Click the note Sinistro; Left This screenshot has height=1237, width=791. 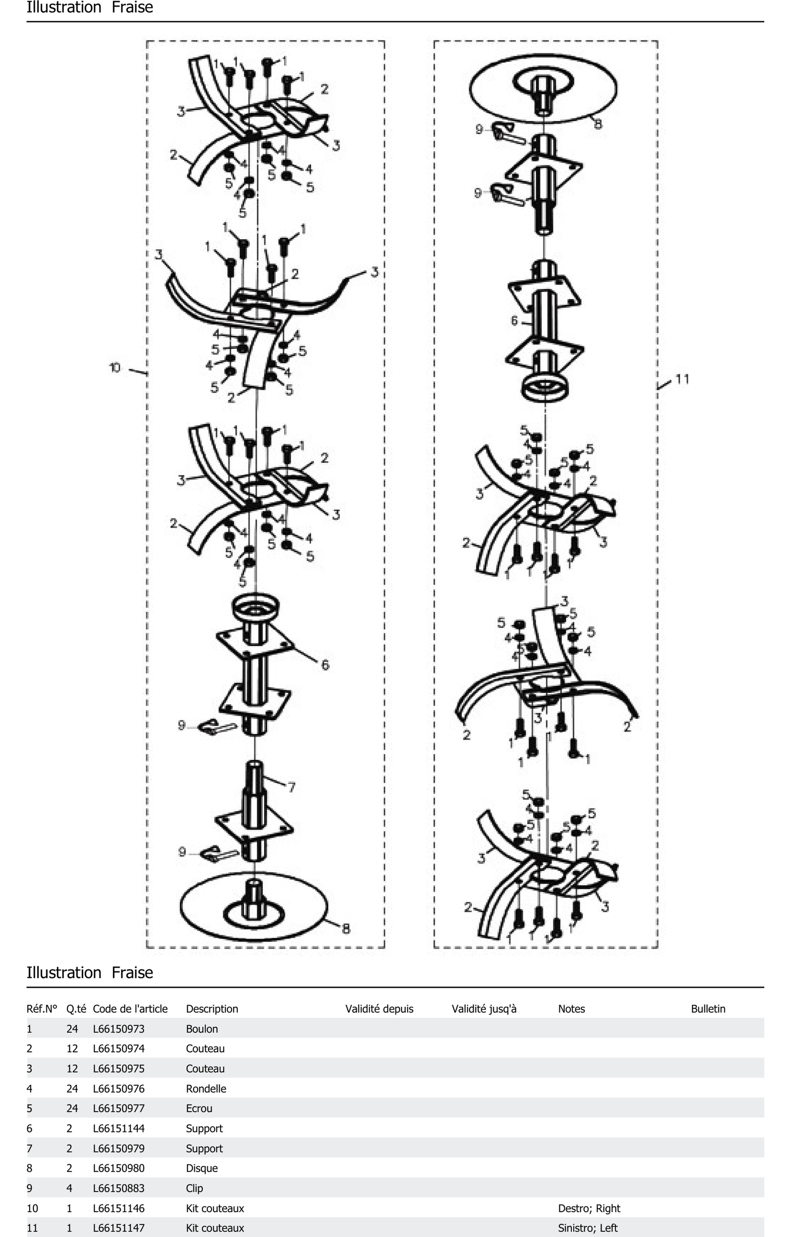pos(588,1228)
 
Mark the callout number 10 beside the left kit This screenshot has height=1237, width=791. pos(115,368)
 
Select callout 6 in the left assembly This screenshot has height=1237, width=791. pos(325,665)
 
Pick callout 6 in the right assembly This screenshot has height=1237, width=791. pos(514,321)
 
